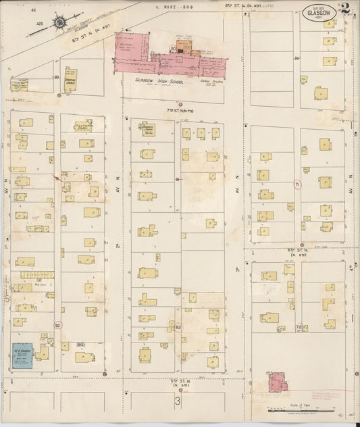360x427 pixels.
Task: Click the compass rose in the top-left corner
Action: coord(59,23)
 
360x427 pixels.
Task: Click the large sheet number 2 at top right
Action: coord(346,9)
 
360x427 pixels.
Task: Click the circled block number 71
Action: coord(297,185)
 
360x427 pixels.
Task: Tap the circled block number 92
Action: coord(58,326)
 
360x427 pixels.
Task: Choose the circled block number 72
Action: coord(298,327)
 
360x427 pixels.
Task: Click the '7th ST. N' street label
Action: coord(179,109)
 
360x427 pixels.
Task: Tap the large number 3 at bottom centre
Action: coord(178,401)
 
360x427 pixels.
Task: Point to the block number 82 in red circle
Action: coord(178,327)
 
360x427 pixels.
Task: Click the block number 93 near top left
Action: coord(56,78)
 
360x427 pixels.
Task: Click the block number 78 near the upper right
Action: coord(297,59)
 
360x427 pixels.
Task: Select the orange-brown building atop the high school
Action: coord(189,51)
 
